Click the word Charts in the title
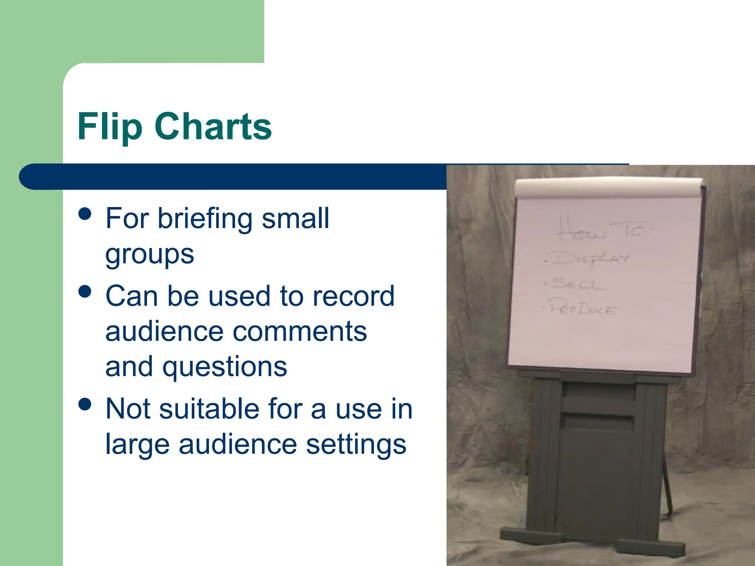[x=213, y=126]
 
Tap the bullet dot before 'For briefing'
[x=85, y=214]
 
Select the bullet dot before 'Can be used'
[x=85, y=291]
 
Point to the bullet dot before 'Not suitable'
[x=85, y=404]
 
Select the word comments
[x=300, y=331]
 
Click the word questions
[x=225, y=367]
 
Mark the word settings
[x=356, y=444]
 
